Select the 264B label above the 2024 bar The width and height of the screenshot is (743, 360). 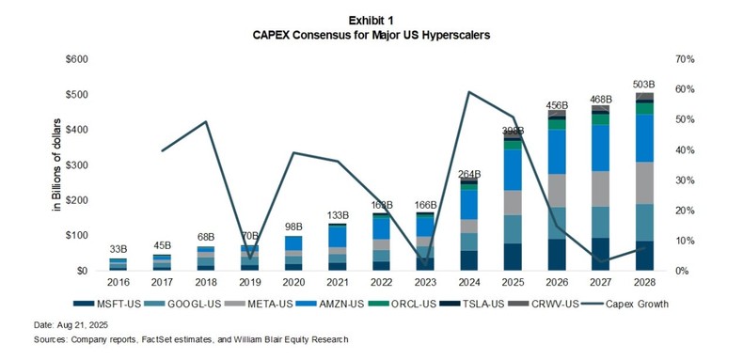(469, 174)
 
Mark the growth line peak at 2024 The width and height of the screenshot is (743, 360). (469, 92)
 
